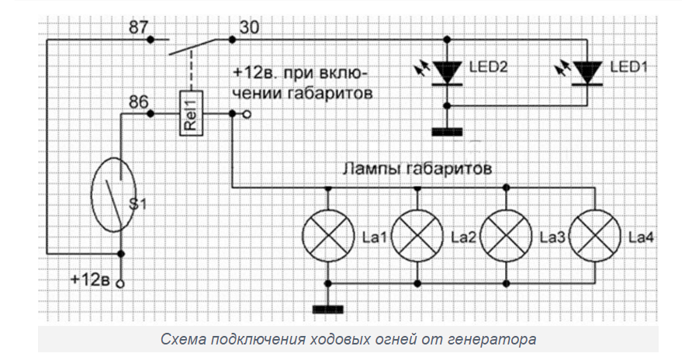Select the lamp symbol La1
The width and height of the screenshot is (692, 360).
point(327,235)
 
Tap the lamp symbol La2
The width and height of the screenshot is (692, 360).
point(417,235)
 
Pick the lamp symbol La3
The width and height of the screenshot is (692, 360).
point(507,235)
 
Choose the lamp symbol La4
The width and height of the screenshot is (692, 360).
point(597,235)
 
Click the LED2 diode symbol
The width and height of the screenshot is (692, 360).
point(447,72)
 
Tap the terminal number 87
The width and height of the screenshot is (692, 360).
point(139,28)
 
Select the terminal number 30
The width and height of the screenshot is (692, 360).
point(249,28)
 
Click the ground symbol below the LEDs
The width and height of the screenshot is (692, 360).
point(447,132)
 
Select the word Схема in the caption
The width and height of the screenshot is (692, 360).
point(182,340)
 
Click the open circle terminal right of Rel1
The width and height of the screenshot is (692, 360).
point(247,114)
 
